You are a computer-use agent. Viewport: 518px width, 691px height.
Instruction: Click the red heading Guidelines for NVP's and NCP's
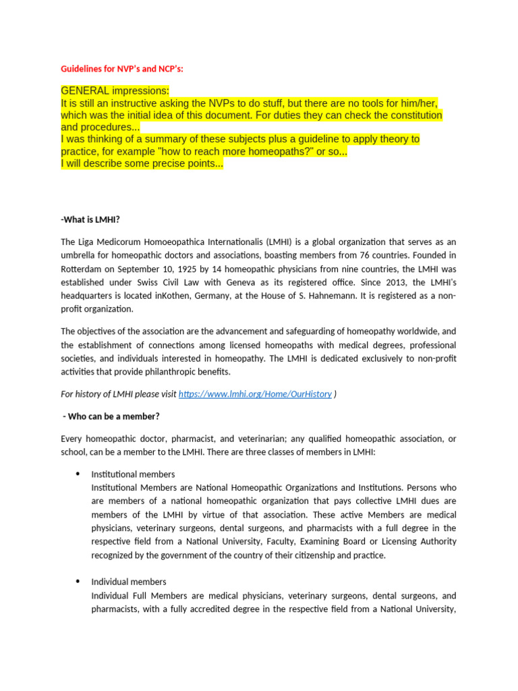click(121, 69)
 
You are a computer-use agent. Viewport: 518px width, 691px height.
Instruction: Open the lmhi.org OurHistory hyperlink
click(255, 394)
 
